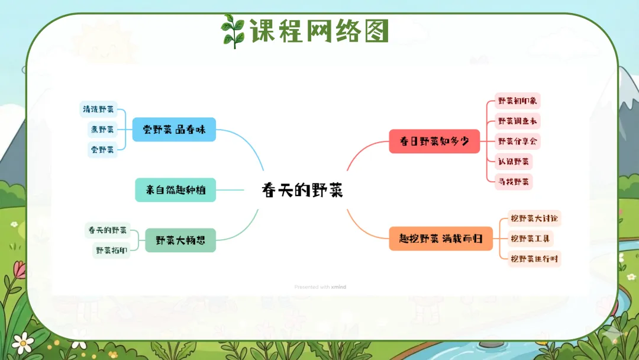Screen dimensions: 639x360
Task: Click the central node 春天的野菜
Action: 302,191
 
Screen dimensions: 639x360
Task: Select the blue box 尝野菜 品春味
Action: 174,129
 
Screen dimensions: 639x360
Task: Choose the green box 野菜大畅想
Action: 180,240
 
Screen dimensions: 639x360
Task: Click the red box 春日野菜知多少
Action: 434,142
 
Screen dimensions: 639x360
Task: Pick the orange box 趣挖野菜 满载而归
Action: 441,239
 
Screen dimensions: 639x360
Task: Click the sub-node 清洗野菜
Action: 98,109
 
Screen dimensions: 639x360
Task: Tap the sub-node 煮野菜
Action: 102,129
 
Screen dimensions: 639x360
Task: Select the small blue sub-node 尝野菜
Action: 102,149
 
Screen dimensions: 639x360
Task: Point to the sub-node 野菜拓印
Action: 111,250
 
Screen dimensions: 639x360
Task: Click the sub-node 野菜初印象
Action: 518,101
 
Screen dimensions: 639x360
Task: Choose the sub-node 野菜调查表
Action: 518,121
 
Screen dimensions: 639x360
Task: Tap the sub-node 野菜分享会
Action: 518,141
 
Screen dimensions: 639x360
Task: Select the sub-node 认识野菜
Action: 514,161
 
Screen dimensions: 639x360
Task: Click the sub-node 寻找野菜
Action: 514,181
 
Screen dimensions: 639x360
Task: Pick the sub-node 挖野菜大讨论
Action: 534,218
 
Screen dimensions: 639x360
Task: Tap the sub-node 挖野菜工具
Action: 530,239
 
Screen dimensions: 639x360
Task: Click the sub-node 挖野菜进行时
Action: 534,259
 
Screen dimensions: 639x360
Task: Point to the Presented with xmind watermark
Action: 320,287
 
